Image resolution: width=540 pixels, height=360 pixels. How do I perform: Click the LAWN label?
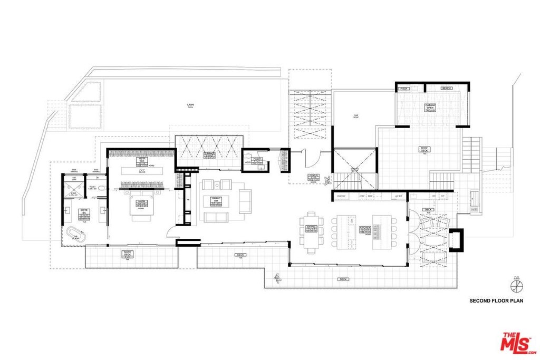point(190,105)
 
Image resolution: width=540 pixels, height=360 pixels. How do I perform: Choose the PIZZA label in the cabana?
point(404,88)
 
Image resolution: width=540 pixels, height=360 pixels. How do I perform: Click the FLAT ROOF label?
point(356,116)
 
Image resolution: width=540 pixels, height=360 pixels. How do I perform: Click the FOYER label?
point(313,178)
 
